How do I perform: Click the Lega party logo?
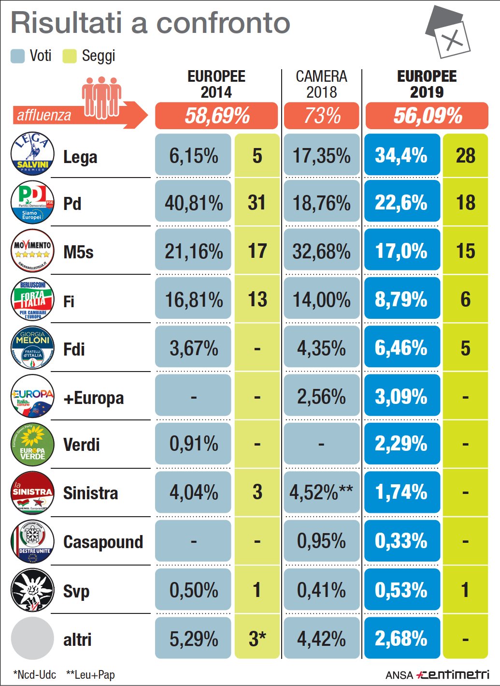coord(32,154)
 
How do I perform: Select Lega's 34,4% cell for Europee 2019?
coord(402,155)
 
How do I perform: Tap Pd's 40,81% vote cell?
coord(193,203)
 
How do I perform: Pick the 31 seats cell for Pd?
coord(257,203)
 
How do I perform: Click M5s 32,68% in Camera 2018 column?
coord(321,252)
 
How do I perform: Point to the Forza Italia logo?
coord(32,300)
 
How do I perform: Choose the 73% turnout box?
coord(322,116)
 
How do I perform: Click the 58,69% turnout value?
coord(217,116)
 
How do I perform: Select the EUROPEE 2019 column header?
coord(427,84)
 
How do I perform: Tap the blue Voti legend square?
coord(17,56)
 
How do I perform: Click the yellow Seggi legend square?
coord(70,56)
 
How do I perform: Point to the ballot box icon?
coord(448,32)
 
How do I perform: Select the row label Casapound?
coord(103,542)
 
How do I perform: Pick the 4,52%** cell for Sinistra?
coord(321,492)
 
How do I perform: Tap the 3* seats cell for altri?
coord(257,639)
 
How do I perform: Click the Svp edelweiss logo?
coord(32,590)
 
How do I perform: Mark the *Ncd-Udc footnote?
coord(34,675)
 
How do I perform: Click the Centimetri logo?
coord(453,674)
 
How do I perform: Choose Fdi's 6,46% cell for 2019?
coord(402,348)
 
